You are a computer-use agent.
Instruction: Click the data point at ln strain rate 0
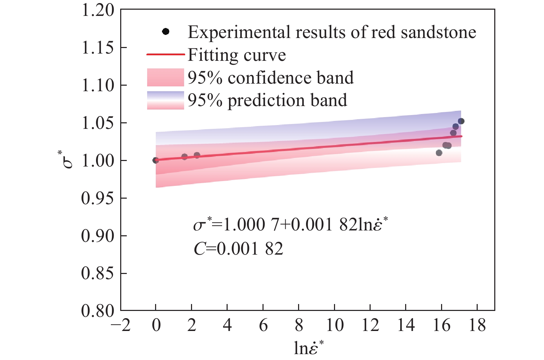point(156,160)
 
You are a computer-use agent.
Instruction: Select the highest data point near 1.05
point(461,121)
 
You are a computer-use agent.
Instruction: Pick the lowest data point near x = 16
point(439,153)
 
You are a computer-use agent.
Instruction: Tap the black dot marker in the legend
point(166,31)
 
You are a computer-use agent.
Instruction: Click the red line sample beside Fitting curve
point(166,54)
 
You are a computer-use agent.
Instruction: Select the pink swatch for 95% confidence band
point(165,77)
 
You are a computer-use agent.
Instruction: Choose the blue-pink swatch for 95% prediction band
point(165,100)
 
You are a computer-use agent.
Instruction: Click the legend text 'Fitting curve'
point(237,55)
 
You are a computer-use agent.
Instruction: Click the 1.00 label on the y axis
point(98,161)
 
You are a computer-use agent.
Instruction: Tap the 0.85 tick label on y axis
point(97,273)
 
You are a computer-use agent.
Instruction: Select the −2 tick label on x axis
point(121,325)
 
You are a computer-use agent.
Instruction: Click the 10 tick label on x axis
point(335,325)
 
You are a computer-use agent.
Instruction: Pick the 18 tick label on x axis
point(477,325)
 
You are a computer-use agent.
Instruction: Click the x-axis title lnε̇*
point(309,348)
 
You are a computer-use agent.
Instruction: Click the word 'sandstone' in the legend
point(438,32)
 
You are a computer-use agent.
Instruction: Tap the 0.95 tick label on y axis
point(97,198)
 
